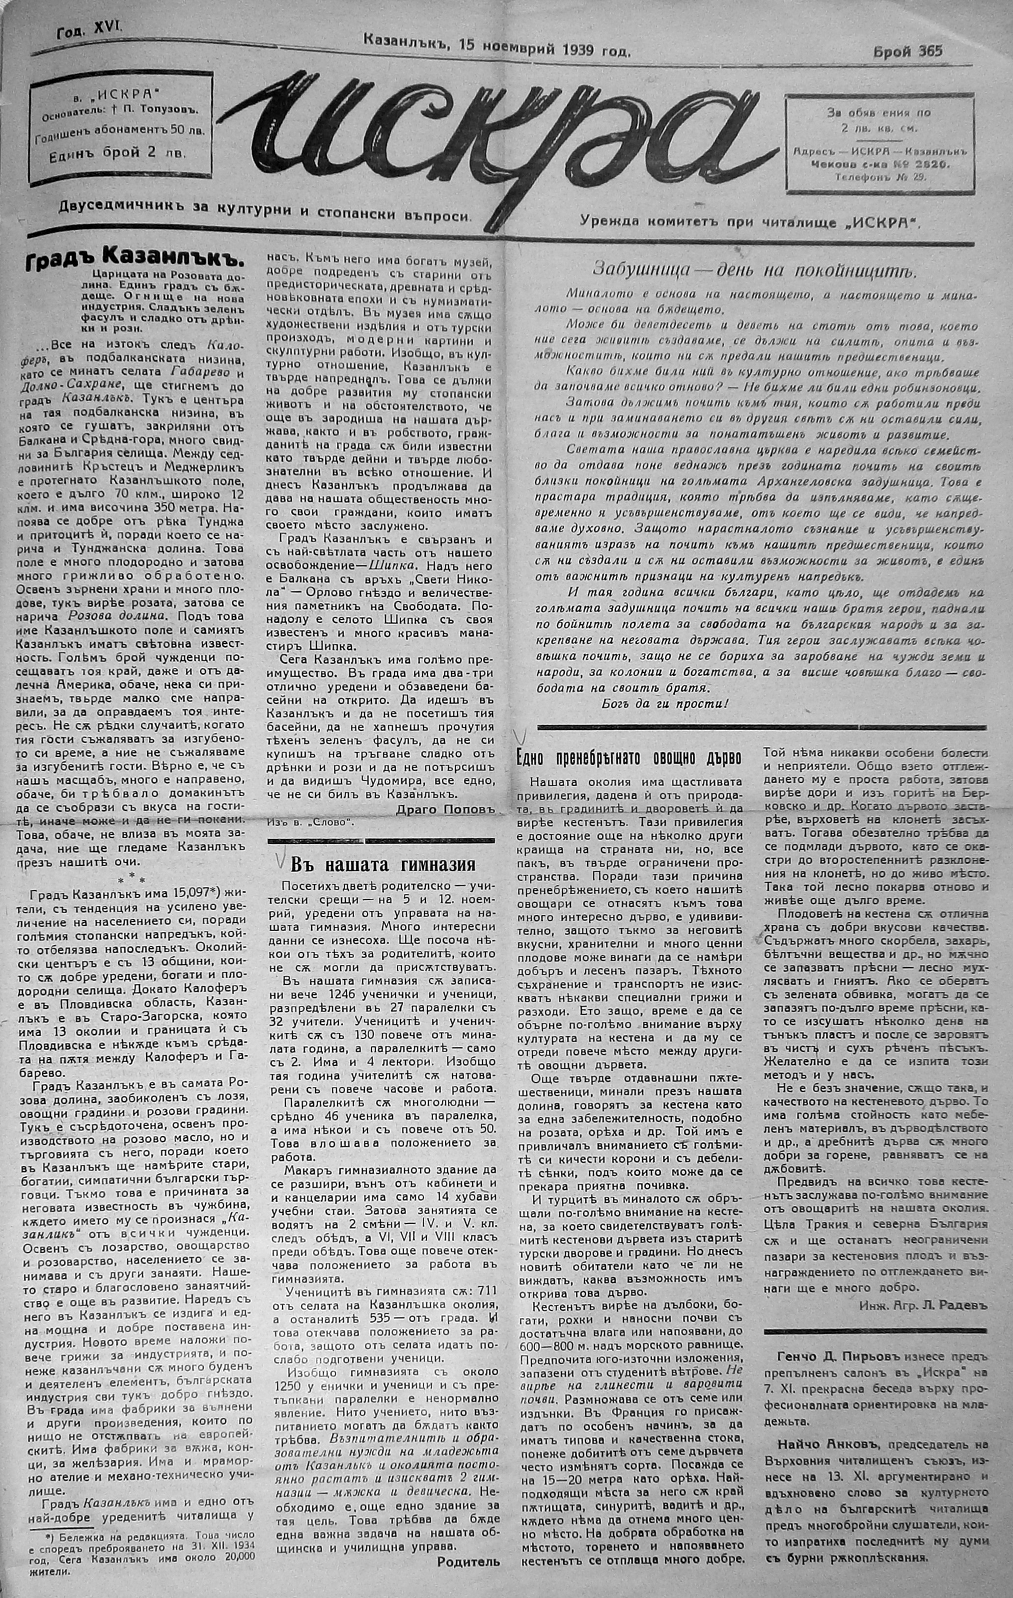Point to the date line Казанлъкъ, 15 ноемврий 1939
click(x=497, y=48)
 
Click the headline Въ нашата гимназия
click(x=383, y=863)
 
